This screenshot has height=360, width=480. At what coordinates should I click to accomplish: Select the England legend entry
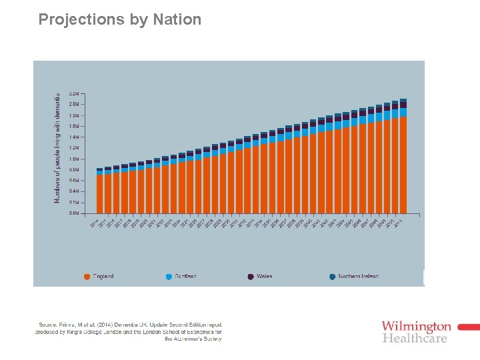(103, 276)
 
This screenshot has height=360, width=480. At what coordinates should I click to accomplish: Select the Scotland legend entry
(185, 276)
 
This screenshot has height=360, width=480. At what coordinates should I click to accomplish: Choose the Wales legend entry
(264, 276)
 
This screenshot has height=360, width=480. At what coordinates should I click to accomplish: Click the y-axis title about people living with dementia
(57, 148)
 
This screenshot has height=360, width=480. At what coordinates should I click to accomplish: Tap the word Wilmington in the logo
(416, 327)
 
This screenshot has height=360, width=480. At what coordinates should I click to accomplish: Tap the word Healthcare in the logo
(415, 338)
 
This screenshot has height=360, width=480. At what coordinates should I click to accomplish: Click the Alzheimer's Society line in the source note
(193, 339)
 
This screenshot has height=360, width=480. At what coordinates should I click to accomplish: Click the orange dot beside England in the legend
(87, 276)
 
